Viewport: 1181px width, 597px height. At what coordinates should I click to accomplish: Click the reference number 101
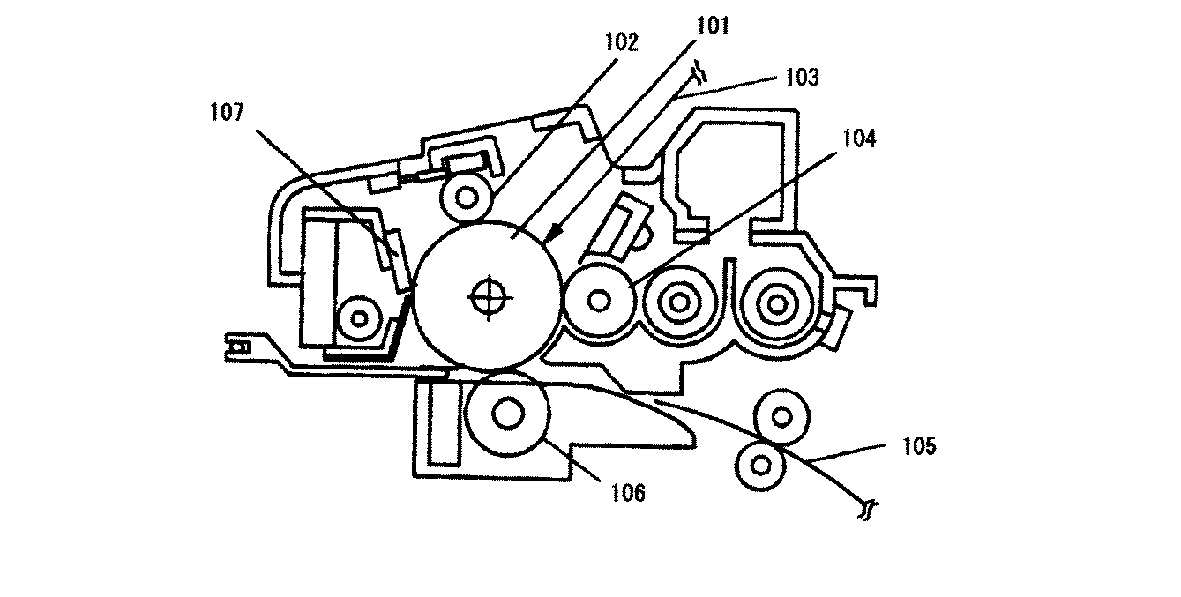pyautogui.click(x=713, y=26)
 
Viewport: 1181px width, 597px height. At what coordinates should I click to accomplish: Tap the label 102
pyautogui.click(x=621, y=42)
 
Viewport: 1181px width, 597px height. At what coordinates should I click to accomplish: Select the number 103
pyautogui.click(x=802, y=78)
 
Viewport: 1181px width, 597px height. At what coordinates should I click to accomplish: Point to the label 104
pyautogui.click(x=859, y=138)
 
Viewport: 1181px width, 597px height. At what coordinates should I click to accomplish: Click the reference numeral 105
pyautogui.click(x=919, y=446)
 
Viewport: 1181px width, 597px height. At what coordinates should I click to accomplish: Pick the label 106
pyautogui.click(x=627, y=493)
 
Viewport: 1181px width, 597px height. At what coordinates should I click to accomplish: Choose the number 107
pyautogui.click(x=227, y=112)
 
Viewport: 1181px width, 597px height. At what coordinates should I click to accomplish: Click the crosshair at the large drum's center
pyautogui.click(x=490, y=298)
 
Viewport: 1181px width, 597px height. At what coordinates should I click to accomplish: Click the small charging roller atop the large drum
pyautogui.click(x=466, y=198)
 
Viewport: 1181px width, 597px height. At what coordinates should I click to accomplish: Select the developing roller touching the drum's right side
pyautogui.click(x=598, y=301)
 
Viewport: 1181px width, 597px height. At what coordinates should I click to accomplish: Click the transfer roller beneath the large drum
pyautogui.click(x=508, y=414)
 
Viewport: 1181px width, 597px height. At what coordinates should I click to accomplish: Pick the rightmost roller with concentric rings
pyautogui.click(x=776, y=304)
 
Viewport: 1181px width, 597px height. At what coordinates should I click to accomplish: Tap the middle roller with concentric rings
pyautogui.click(x=679, y=302)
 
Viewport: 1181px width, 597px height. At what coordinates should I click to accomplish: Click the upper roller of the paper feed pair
pyautogui.click(x=781, y=418)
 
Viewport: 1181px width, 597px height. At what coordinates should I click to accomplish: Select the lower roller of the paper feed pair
pyautogui.click(x=760, y=466)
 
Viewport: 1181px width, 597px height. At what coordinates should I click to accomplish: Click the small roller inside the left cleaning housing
pyautogui.click(x=359, y=318)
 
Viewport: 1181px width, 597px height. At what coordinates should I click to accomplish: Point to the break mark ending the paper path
pyautogui.click(x=867, y=510)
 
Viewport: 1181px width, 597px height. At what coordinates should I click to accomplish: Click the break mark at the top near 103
pyautogui.click(x=699, y=72)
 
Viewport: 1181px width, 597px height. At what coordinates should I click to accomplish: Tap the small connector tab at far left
pyautogui.click(x=238, y=347)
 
